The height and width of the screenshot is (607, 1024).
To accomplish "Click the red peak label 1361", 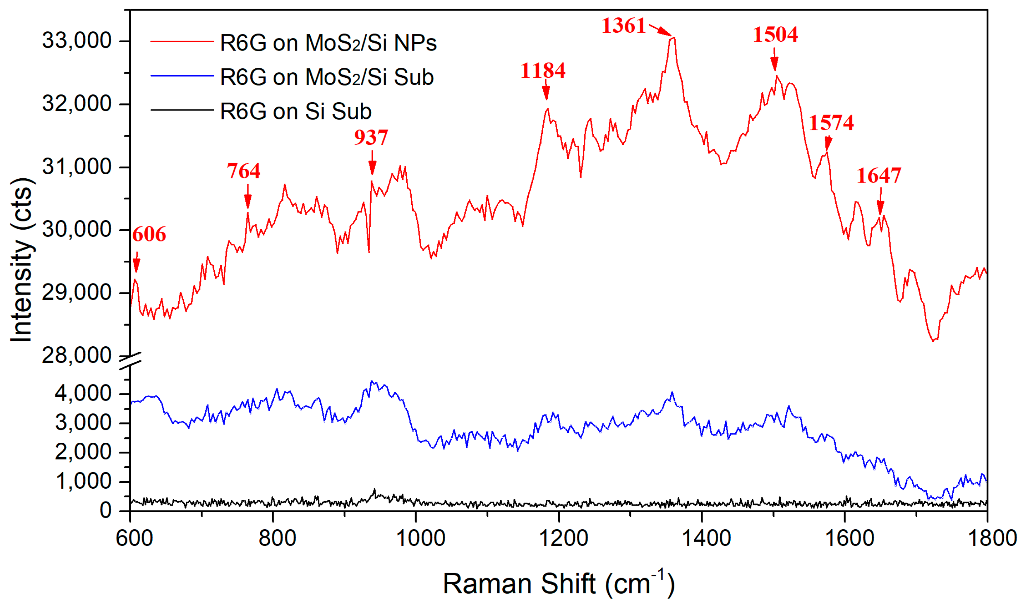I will pyautogui.click(x=623, y=26).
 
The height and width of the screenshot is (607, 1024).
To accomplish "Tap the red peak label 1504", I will pyautogui.click(x=775, y=34).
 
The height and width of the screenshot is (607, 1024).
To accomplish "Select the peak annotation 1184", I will pyautogui.click(x=542, y=70).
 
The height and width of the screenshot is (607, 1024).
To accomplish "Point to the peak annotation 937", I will pyautogui.click(x=371, y=137).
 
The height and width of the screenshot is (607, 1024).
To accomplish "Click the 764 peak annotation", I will pyautogui.click(x=243, y=171).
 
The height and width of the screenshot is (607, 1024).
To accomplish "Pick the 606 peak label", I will pyautogui.click(x=149, y=234).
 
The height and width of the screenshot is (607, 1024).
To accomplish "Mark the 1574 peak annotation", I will pyautogui.click(x=831, y=123).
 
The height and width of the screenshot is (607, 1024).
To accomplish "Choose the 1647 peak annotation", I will pyautogui.click(x=878, y=175).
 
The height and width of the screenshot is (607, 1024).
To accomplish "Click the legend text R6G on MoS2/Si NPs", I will pyautogui.click(x=328, y=43).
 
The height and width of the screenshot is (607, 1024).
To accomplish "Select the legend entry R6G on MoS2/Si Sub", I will pyautogui.click(x=326, y=77).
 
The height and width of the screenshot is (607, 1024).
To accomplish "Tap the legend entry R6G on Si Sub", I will pyautogui.click(x=295, y=112).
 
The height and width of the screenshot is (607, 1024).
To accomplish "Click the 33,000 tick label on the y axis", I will pyautogui.click(x=77, y=41).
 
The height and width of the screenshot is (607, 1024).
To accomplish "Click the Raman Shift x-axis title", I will pyautogui.click(x=559, y=583).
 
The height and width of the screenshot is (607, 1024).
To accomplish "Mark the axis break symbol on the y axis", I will pyautogui.click(x=130, y=361).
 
